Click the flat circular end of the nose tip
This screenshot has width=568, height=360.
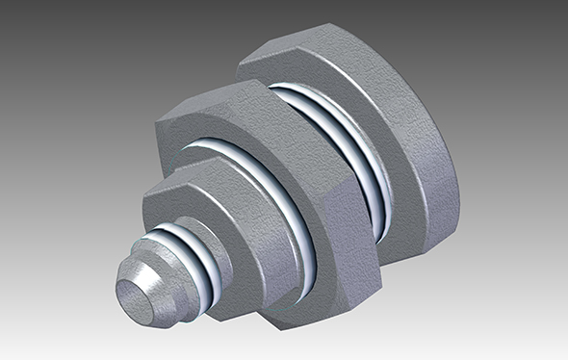click(x=136, y=294)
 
